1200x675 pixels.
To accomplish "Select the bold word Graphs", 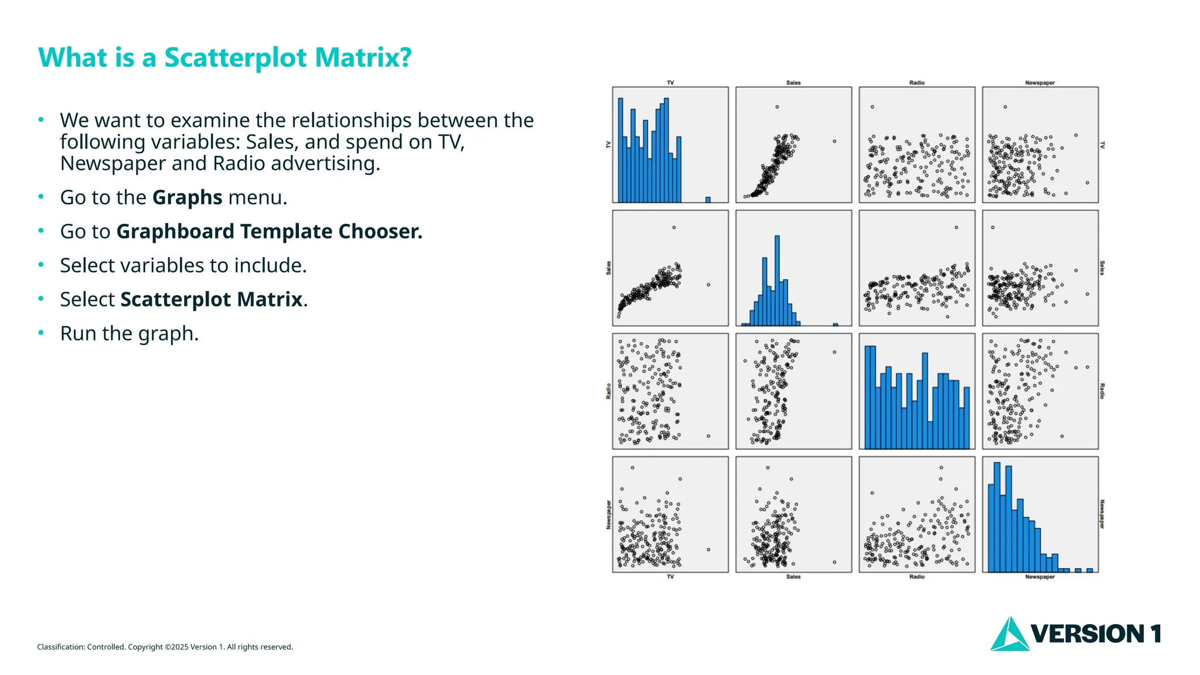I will pos(187,197).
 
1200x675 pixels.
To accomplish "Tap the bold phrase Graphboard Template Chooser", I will pos(269,231).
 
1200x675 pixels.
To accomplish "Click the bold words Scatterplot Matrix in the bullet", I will pos(212,299).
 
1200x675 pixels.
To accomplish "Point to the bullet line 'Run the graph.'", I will pos(129,333).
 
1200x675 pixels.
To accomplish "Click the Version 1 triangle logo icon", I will pos(1009,635).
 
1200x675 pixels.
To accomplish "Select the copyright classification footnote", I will pos(165,647).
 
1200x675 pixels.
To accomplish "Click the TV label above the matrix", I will pos(670,83).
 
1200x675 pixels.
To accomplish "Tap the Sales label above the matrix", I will pos(793,83).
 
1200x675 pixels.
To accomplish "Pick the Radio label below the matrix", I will pos(917,577).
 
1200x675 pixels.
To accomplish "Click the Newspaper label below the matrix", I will pos(1040,577).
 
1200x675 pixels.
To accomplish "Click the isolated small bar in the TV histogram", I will pos(708,200).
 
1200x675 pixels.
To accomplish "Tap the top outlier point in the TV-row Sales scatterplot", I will pos(777,107).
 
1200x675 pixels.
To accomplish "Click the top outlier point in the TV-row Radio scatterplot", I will pos(872,107).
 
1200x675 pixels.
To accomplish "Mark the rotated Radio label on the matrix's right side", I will pos(1102,391).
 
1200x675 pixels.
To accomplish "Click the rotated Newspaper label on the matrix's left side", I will pos(609,514).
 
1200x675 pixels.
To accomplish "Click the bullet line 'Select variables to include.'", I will pos(183,265).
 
